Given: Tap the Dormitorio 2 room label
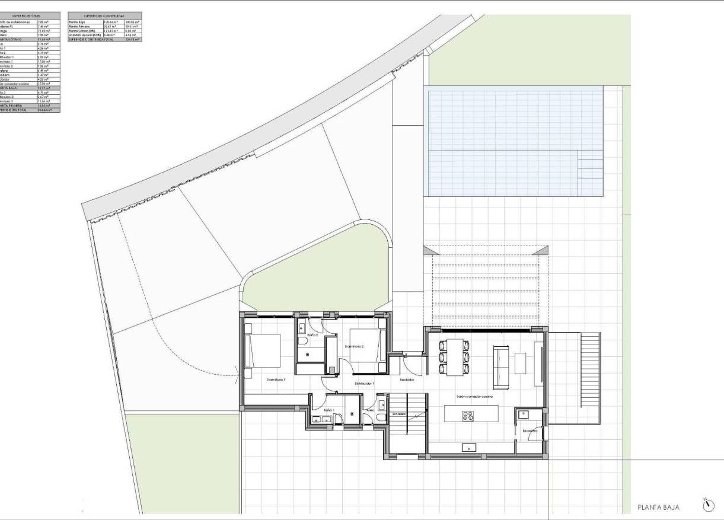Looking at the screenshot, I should (355, 347).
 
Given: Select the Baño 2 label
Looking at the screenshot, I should (312, 336).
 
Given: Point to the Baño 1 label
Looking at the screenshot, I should (330, 410).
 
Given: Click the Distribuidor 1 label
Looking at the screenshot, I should (363, 384).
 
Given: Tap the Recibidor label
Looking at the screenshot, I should (407, 379).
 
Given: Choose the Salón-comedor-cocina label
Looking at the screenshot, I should (474, 397).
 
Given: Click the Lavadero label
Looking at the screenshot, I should (530, 431).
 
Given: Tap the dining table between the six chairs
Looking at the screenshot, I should (455, 357).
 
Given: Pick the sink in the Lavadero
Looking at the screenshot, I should (524, 414).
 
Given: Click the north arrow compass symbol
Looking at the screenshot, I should (707, 506).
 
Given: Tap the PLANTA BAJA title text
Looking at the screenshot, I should (658, 508).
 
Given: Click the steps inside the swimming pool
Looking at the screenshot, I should (589, 172).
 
